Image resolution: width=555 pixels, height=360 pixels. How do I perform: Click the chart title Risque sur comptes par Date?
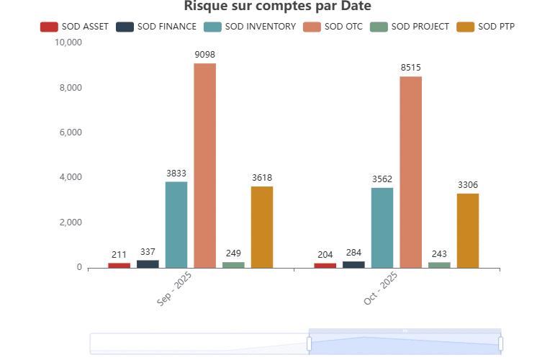277,6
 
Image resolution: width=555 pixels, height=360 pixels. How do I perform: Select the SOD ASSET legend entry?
74,27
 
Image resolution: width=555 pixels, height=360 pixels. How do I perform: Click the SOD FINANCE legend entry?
156,27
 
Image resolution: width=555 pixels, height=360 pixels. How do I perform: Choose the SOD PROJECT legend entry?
409,27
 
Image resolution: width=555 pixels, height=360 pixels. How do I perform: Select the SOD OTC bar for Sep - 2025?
204,166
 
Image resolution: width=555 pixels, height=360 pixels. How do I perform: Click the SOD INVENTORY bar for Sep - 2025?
176,225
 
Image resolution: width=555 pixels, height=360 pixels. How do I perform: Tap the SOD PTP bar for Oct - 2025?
468,230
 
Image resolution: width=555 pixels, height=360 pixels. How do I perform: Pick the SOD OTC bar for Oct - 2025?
411,172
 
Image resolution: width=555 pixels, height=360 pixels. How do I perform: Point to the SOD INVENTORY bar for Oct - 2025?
382,228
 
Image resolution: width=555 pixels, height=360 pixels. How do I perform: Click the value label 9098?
204,55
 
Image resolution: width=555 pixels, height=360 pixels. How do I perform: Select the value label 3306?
468,184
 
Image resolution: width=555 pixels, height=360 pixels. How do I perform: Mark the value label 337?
148,252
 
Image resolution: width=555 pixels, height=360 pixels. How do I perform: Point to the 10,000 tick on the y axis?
68,42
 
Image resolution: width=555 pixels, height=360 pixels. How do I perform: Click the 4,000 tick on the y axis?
71,177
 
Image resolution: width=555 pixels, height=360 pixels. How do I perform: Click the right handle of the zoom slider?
500,343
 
